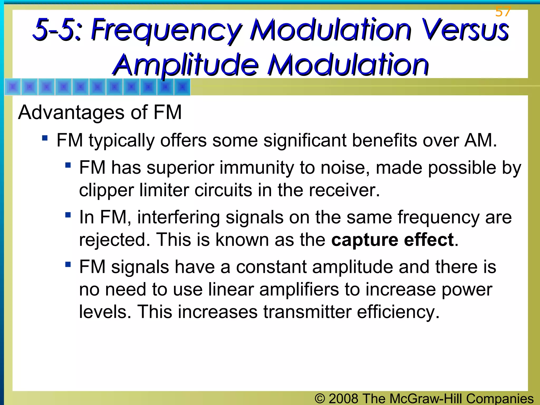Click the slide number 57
tap(503, 12)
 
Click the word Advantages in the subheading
tap(71, 112)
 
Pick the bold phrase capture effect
tap(392, 240)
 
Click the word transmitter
tap(307, 312)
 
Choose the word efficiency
tap(398, 312)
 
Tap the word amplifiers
tap(299, 290)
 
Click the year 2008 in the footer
tap(343, 398)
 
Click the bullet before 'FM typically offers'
tap(45, 138)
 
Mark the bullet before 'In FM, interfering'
tap(68, 215)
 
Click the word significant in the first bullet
tap(305, 140)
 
